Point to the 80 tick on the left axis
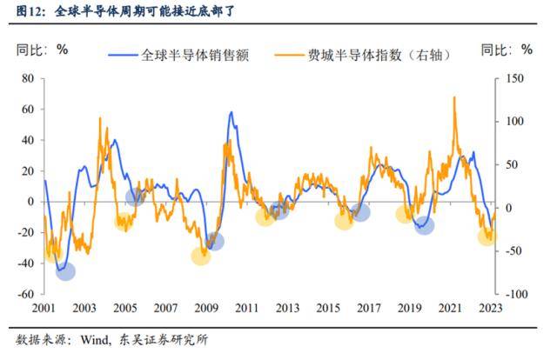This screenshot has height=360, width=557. coord(27,78)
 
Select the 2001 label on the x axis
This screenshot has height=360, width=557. coord(44,309)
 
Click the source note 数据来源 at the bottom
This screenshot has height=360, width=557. coord(112,339)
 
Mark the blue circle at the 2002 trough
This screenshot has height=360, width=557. coord(65,270)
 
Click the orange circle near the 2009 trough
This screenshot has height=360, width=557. coord(201,256)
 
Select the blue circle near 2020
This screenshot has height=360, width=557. coord(424,225)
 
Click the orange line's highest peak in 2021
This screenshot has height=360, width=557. coord(454,97)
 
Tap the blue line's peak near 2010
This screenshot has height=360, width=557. coord(231,112)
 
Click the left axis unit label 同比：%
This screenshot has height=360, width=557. coord(43,49)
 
